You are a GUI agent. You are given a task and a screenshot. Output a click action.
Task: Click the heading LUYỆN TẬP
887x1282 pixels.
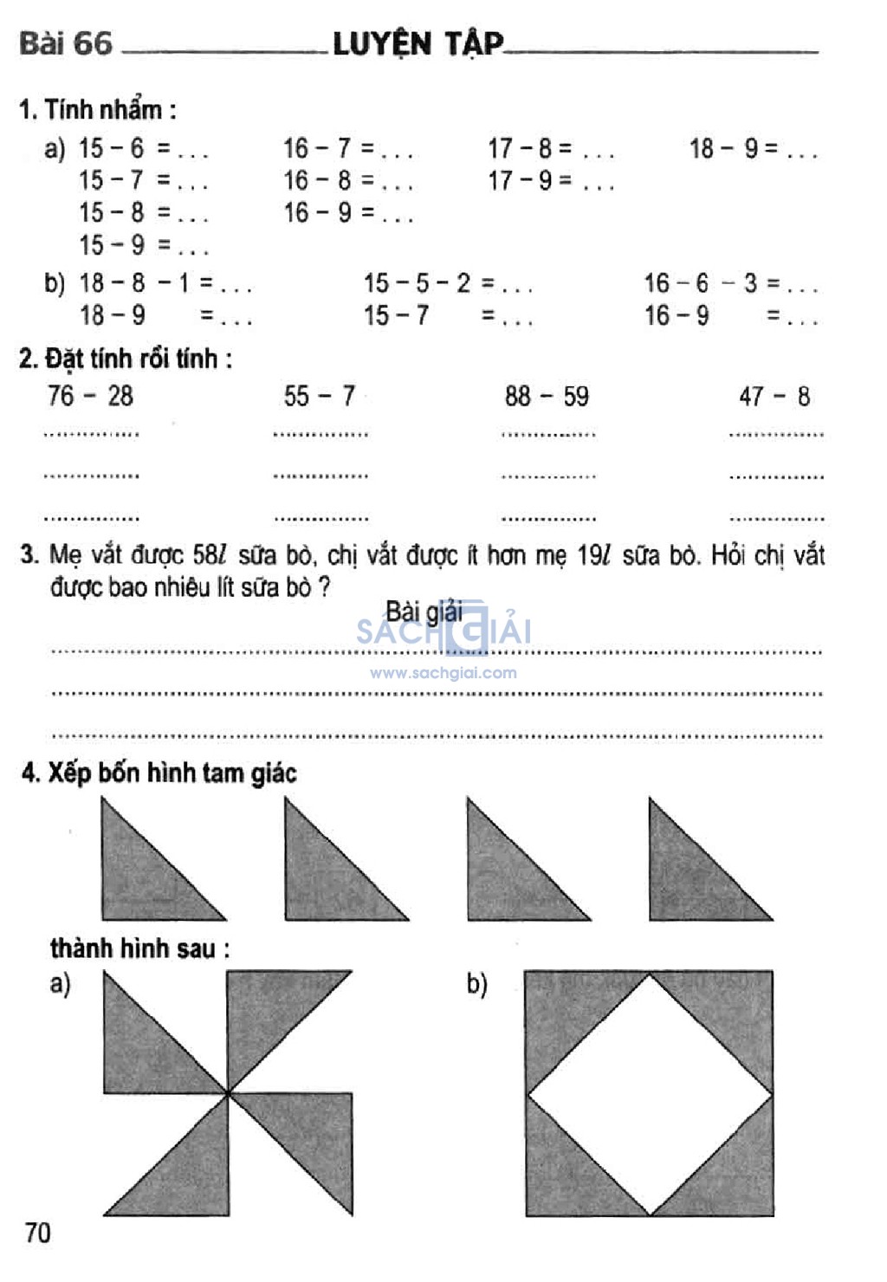(x=418, y=42)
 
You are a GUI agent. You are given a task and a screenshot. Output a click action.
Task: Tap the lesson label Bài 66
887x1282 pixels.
(x=66, y=42)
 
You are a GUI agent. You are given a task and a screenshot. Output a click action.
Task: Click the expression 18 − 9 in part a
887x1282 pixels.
(x=724, y=149)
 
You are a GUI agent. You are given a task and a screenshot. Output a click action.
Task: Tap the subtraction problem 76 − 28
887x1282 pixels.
(x=90, y=397)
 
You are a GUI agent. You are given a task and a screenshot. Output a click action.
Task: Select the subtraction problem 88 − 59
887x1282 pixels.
(x=547, y=397)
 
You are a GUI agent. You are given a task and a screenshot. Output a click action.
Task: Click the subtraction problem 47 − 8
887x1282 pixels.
(x=774, y=397)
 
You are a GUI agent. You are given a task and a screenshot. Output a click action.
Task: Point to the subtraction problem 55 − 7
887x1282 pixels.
(x=320, y=397)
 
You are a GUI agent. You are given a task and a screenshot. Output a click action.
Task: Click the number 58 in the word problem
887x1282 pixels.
(x=208, y=555)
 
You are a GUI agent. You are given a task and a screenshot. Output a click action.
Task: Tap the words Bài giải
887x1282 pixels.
(x=424, y=612)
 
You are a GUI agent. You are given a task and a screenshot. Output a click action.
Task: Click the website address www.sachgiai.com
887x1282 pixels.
(x=443, y=673)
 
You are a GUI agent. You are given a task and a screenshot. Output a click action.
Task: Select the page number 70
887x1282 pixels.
(x=38, y=1233)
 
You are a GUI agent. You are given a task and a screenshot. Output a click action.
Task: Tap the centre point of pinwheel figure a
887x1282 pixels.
(x=228, y=1094)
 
